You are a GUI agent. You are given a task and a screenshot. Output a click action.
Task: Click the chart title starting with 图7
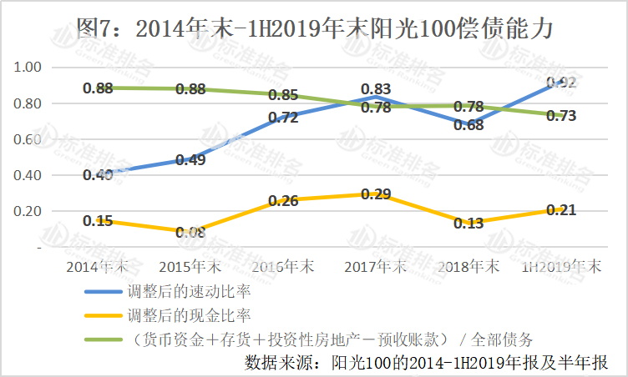314,28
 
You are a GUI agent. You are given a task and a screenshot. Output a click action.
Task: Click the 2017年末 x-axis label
376,267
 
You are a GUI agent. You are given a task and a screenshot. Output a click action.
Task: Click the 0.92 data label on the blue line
561,82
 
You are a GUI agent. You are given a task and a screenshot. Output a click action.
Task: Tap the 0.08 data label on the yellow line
191,233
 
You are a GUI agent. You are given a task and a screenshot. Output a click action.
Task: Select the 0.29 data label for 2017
376,194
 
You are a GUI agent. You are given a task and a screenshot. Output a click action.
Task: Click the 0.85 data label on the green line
283,95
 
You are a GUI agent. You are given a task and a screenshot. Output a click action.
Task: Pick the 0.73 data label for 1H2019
561,117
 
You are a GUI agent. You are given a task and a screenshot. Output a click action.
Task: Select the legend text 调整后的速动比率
190,293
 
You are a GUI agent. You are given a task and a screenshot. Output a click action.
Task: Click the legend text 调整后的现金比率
190,315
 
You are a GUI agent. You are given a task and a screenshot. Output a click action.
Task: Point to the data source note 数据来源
425,362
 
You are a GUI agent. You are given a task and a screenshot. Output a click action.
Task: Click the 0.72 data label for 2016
283,118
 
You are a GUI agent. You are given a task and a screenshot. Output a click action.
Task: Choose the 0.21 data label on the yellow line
561,209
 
